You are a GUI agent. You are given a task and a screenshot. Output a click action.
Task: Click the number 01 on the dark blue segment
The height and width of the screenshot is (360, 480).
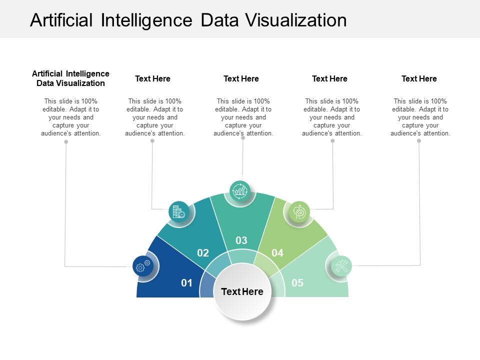(186, 283)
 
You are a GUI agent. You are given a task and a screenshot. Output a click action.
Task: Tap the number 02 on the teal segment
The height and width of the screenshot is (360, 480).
(202, 253)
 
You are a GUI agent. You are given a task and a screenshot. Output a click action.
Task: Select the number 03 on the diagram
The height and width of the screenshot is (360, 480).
(241, 240)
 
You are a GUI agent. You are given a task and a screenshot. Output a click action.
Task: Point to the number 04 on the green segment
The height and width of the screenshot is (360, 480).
(277, 253)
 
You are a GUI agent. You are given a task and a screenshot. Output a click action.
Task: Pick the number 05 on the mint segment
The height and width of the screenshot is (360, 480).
(297, 283)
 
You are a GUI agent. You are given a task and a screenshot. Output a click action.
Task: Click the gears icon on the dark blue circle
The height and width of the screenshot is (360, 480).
(143, 266)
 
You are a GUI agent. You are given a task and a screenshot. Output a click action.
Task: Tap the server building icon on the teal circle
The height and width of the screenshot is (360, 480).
(178, 211)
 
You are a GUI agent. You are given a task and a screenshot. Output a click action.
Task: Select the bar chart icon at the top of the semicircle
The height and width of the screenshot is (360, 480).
(240, 191)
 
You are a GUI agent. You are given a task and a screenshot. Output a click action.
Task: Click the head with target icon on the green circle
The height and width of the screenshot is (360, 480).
(299, 211)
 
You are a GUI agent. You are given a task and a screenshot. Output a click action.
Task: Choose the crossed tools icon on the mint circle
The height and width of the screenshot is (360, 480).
(342, 265)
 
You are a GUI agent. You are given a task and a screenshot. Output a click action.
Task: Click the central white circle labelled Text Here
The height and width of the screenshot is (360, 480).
(242, 291)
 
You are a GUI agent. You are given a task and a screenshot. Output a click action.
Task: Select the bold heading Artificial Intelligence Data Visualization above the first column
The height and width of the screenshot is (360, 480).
(70, 78)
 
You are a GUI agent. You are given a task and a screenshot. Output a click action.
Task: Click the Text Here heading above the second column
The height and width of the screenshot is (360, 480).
(152, 78)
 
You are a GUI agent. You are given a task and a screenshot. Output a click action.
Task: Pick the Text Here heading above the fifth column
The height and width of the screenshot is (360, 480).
(419, 78)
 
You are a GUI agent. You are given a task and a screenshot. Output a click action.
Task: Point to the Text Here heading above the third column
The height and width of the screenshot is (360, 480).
(241, 78)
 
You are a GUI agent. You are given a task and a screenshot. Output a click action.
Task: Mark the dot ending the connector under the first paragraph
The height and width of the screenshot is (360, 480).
(66, 142)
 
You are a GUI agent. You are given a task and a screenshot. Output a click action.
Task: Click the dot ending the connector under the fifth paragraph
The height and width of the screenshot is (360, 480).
(419, 141)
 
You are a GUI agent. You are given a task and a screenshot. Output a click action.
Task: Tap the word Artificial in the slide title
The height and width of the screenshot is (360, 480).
(61, 20)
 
